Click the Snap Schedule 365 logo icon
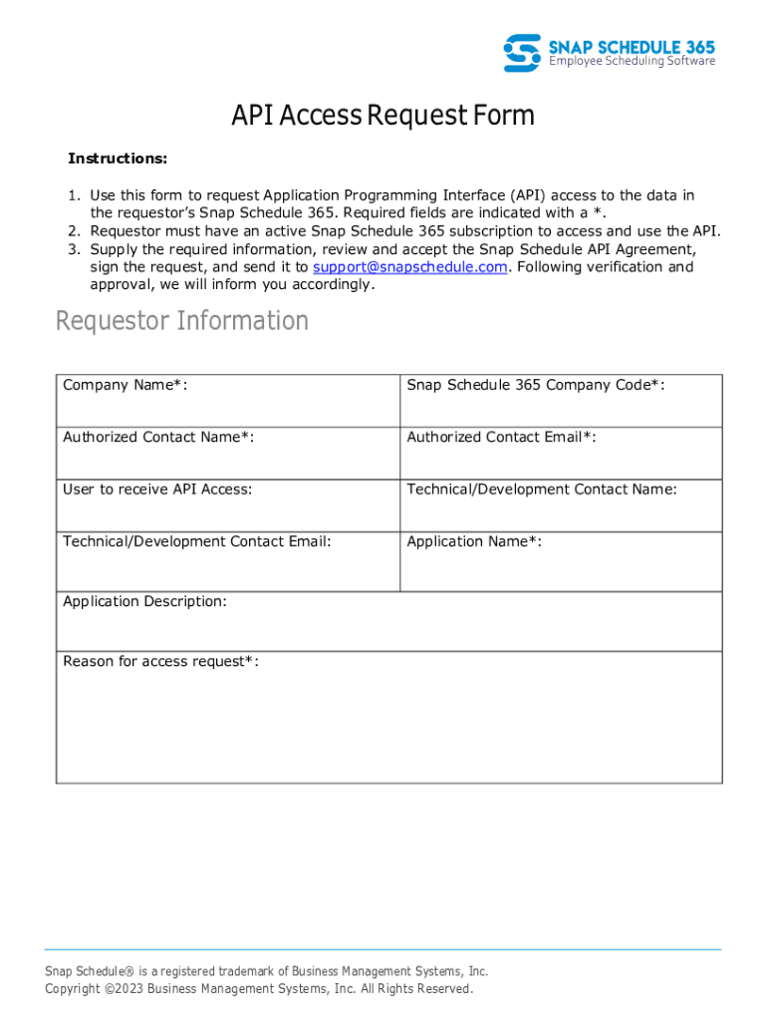pos(522,52)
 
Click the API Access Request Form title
pos(383,116)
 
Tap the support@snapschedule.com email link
pos(410,267)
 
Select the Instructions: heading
pos(118,159)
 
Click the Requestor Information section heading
pos(182,321)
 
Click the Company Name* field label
pos(126,385)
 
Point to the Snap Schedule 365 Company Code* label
pos(536,385)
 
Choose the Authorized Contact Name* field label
pos(158,437)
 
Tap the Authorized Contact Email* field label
pos(501,437)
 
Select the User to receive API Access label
pos(157,489)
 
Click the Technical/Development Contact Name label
pos(542,489)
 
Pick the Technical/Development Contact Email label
pos(197,541)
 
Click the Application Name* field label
pos(474,541)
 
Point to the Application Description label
pos(144,601)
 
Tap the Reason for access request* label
pos(160,661)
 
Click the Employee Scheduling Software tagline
pos(633,62)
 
